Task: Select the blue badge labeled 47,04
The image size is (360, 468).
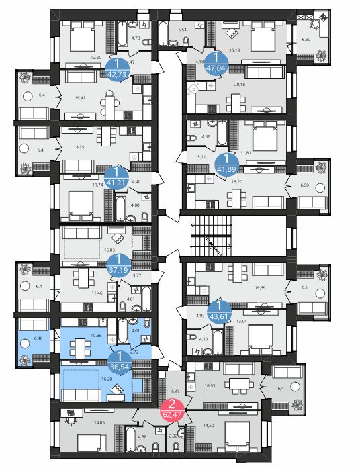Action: tap(216, 61)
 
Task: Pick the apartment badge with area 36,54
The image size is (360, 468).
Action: tap(118, 360)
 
